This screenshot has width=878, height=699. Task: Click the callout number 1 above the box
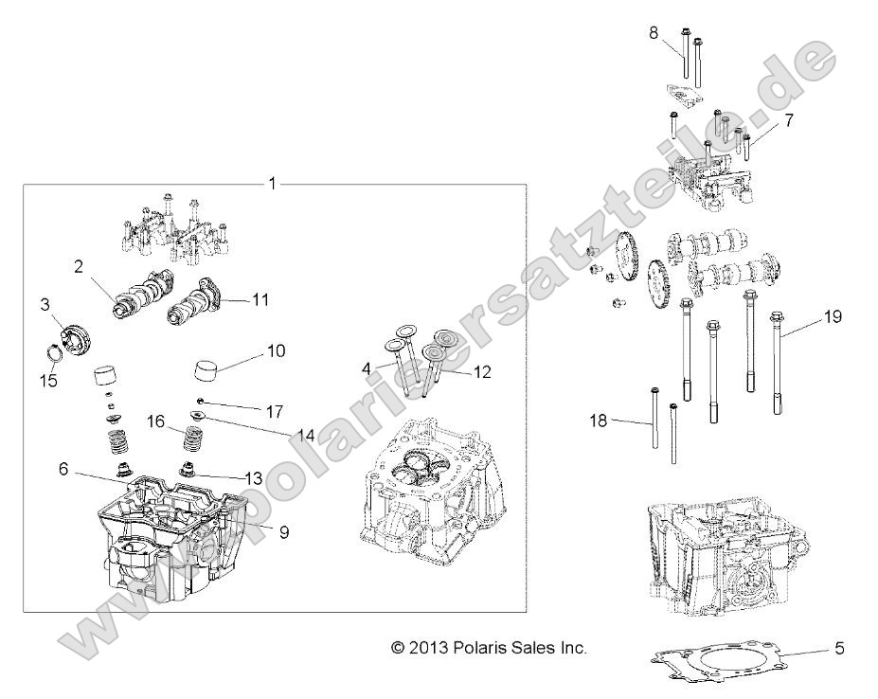coord(273,183)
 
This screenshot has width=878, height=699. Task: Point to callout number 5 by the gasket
coord(838,649)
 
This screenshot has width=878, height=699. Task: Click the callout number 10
coord(276,351)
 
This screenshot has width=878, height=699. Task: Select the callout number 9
coord(283,531)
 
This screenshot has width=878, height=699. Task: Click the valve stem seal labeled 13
coord(192,470)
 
